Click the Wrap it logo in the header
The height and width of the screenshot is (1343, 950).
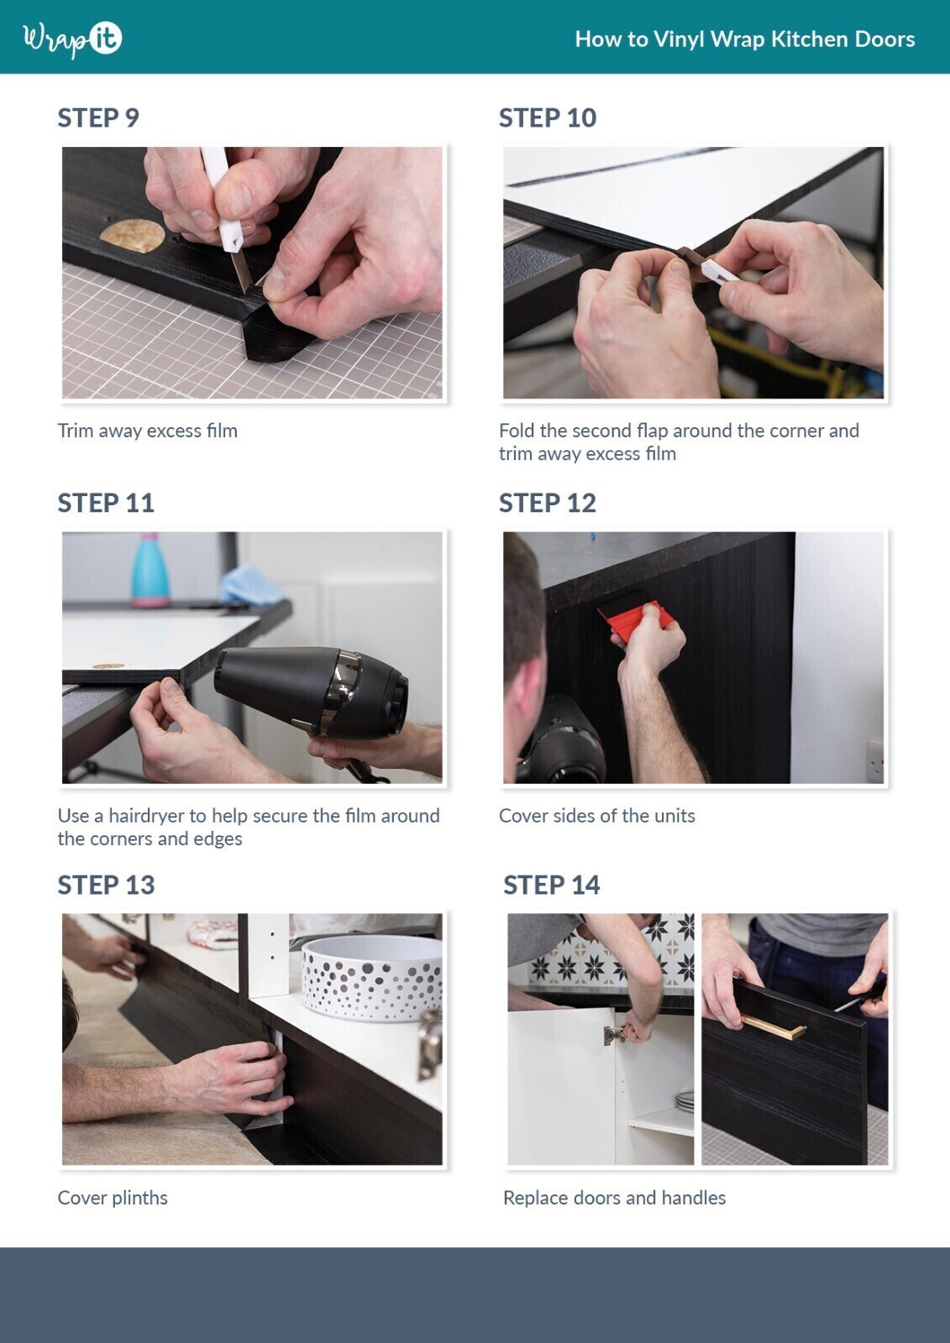coord(72,39)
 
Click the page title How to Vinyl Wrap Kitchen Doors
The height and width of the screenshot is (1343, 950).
coord(745,39)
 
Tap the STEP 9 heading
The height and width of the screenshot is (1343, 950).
coord(98,118)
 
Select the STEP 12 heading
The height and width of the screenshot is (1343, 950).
coord(548,503)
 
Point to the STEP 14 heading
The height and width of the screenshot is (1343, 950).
coord(552,885)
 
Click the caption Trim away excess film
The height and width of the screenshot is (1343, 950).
coord(148,431)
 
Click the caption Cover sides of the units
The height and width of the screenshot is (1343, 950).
coord(597,815)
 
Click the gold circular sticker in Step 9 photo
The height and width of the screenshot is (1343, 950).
coord(132,235)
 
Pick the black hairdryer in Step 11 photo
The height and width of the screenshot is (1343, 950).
coord(312,689)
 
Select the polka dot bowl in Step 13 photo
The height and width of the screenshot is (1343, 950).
coord(372,979)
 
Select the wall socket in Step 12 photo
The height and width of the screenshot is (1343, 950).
coord(875,760)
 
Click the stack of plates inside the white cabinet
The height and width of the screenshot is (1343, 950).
coord(685,1101)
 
